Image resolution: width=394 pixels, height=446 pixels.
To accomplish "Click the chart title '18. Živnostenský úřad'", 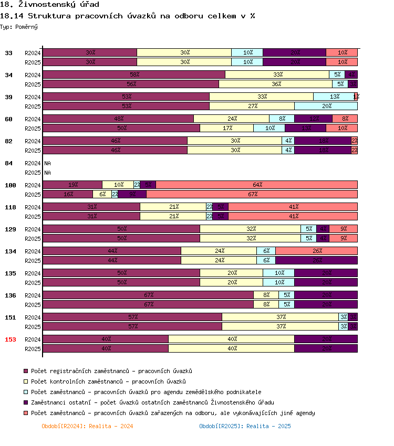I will point(51,5).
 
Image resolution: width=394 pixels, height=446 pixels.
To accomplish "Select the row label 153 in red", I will point(11,339).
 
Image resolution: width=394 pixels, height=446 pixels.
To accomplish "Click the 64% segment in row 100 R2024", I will point(256,185).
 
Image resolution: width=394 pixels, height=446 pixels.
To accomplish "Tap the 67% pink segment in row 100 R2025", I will point(252,195).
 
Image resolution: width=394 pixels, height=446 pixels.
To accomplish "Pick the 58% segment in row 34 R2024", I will point(133,75).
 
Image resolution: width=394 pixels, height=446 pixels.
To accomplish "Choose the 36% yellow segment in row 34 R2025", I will point(275,84).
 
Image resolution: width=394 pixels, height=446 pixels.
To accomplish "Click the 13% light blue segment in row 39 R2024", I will point(334,97).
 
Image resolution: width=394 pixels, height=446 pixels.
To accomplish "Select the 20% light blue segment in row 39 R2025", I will point(326,106).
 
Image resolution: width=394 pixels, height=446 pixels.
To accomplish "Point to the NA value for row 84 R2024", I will point(48,163).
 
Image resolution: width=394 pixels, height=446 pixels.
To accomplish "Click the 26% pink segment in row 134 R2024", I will point(316,251).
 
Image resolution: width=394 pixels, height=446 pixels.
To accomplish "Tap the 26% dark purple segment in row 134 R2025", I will point(316,260).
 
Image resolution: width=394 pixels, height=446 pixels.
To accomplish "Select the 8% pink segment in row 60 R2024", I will point(345,119).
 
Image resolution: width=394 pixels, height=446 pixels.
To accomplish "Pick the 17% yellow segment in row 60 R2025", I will point(226,128).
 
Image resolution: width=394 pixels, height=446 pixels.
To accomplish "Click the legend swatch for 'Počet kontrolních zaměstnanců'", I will point(26,381).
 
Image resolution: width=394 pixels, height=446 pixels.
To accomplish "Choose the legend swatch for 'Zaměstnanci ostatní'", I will point(26,402).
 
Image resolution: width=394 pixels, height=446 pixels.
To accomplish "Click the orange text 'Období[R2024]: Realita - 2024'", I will point(87,426).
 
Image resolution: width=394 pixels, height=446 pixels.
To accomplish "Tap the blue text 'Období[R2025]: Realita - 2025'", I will point(245,426).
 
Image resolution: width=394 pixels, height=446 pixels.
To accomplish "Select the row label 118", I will point(11,207).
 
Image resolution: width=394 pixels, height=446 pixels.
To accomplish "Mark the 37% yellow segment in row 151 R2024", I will point(280,317).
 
